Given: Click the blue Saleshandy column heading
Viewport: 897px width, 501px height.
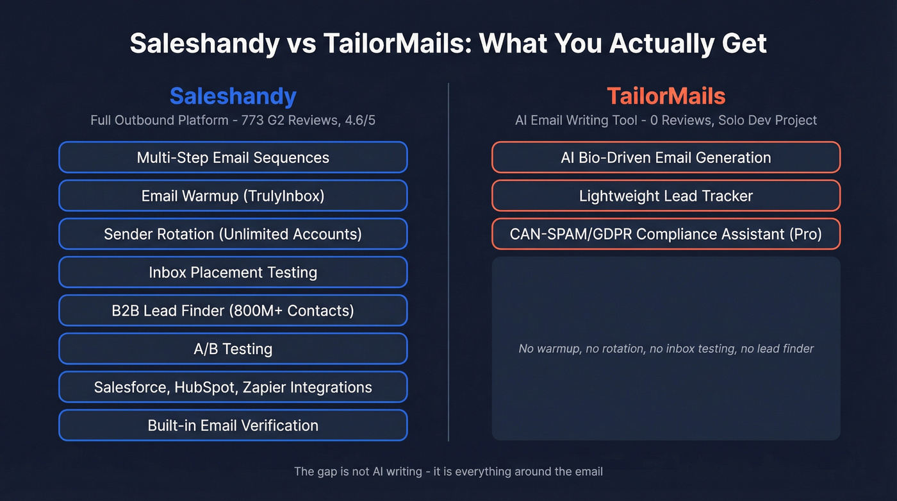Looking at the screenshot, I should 233,96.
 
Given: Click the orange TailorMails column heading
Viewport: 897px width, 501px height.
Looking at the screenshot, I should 666,96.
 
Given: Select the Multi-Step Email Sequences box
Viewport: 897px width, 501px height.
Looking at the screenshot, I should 233,157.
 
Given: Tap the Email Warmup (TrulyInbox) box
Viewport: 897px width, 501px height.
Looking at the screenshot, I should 233,196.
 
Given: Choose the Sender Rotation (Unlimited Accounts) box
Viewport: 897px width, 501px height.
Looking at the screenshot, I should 233,234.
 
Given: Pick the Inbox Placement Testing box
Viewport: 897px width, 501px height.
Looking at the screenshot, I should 233,272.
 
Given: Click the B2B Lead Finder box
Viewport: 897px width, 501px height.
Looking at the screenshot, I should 233,310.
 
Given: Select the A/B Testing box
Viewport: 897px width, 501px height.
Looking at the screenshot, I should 233,349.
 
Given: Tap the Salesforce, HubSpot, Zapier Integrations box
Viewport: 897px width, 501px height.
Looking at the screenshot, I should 233,387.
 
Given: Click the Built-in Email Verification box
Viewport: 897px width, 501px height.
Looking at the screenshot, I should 233,425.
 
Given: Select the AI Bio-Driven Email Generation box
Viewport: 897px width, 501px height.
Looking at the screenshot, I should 666,157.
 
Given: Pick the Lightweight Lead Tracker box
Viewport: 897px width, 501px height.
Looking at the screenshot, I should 666,196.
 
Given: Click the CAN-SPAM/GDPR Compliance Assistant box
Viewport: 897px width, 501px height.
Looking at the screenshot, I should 666,234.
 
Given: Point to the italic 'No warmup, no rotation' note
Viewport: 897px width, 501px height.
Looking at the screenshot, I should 666,349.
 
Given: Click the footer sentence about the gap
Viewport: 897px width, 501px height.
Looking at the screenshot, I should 448,471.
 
